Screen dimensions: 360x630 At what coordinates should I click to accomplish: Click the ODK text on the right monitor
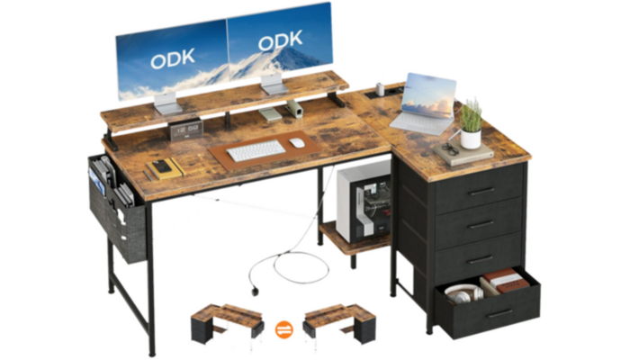click(x=280, y=42)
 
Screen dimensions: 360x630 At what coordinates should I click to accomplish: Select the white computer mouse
click(x=296, y=141)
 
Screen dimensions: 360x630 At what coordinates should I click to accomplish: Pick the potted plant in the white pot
click(x=471, y=123)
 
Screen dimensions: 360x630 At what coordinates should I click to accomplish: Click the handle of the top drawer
click(x=481, y=192)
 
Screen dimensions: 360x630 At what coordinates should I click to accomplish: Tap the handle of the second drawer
click(x=482, y=225)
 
